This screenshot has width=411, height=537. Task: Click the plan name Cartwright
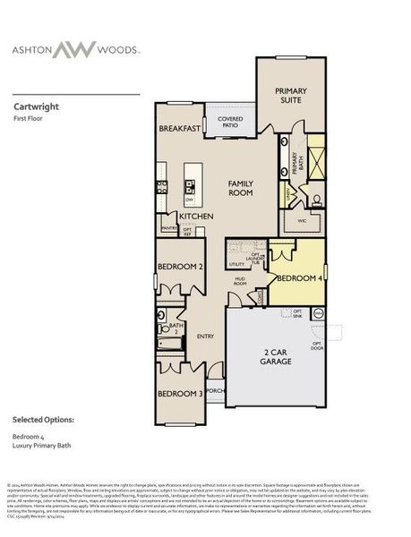34,104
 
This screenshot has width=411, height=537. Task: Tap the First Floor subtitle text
30,117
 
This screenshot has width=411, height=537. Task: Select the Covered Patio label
230,123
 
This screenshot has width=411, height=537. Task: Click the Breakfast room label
180,129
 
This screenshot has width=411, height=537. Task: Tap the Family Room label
241,187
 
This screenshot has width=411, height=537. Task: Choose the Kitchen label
195,217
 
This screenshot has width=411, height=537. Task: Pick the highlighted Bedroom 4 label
298,278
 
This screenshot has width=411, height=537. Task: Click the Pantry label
168,228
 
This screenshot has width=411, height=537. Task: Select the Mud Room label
241,283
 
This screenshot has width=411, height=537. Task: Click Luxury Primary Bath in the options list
44,446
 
